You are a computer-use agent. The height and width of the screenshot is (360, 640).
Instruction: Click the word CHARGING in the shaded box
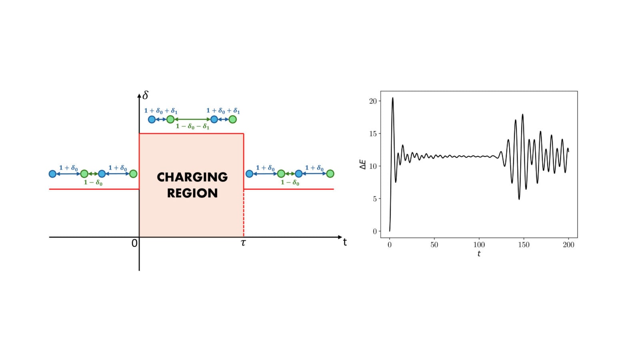[x=192, y=177]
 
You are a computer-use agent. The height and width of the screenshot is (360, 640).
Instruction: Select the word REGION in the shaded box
[x=192, y=193]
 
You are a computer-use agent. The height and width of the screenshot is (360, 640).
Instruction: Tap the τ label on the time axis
[x=243, y=243]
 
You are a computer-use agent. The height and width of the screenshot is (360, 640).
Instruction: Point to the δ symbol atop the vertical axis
[x=145, y=95]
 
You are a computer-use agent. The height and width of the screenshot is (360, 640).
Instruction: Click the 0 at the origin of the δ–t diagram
[x=134, y=243]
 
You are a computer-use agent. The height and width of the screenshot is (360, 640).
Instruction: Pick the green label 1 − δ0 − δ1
[x=192, y=126]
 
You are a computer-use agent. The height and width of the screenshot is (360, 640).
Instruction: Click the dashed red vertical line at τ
[x=244, y=213]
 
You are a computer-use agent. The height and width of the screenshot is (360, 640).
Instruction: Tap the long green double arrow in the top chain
[x=192, y=119]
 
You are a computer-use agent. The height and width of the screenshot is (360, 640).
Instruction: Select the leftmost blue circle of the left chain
[x=52, y=174]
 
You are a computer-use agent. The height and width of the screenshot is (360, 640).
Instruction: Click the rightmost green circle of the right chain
[x=330, y=174]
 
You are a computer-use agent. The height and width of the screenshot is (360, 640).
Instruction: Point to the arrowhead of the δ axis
[x=139, y=95]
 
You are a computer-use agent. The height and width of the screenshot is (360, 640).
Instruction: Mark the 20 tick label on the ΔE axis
[x=373, y=101]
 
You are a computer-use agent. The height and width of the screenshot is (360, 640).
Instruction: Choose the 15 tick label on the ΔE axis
[x=373, y=134]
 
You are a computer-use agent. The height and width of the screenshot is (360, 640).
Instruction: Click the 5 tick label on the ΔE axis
[x=375, y=199]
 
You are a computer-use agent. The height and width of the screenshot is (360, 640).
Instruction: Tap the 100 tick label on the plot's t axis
[x=479, y=245]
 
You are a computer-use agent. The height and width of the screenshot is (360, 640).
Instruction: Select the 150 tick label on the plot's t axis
[x=524, y=245]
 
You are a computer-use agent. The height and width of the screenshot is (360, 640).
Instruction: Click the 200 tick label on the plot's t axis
[x=568, y=245]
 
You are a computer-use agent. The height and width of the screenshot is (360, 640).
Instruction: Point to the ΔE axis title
[x=363, y=164]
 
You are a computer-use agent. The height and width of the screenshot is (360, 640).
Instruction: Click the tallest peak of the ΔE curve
[x=393, y=98]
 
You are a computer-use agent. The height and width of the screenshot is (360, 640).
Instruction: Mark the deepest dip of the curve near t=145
[x=519, y=199]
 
